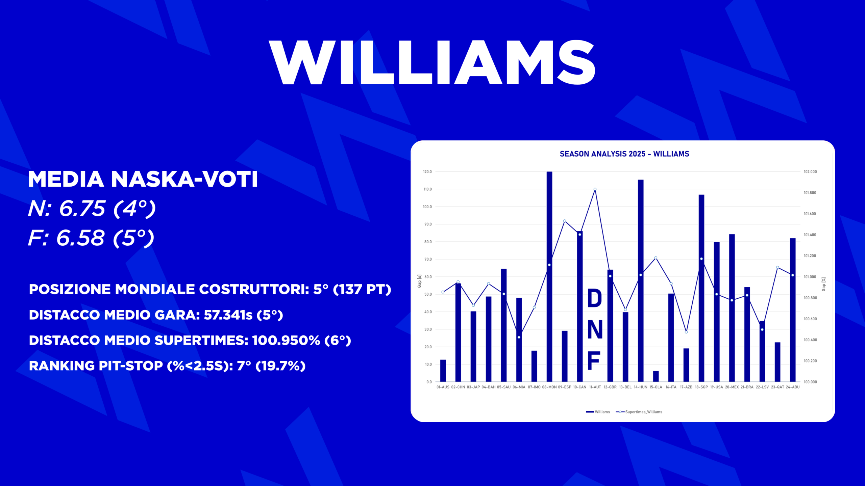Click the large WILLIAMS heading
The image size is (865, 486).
pos(432,62)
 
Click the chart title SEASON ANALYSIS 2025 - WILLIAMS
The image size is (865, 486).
pos(624,154)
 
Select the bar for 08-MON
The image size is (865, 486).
pos(549,277)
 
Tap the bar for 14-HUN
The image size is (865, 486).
pos(641,281)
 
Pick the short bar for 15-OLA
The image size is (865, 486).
pos(656,376)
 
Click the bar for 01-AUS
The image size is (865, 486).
pos(443,371)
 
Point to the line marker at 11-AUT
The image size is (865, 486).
pos(595,189)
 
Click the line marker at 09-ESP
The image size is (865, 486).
pos(565,221)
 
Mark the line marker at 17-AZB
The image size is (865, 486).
pos(686,332)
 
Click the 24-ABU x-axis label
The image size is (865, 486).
pos(793,387)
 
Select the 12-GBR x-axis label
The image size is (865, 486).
pos(610,387)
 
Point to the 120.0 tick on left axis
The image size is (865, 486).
pos(427,172)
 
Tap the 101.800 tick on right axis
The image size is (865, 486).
pos(810,193)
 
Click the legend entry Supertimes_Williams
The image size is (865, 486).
pos(639,412)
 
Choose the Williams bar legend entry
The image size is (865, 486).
pos(598,412)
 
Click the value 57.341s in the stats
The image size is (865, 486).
pos(228,315)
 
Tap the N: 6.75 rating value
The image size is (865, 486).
pos(67,208)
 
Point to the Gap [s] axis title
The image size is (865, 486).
pos(419,281)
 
